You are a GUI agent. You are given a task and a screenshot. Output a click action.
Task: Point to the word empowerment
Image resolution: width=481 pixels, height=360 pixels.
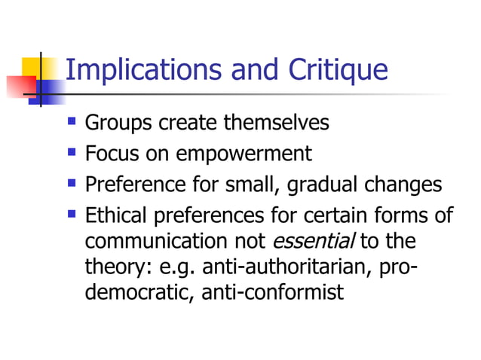pos(244,154)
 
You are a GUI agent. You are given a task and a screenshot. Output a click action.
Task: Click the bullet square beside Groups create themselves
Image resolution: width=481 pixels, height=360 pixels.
pos(72,121)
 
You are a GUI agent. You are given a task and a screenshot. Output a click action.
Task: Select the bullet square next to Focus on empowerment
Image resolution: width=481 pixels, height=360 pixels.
pos(72,152)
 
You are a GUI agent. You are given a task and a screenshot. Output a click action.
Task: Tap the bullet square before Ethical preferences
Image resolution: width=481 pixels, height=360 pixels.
pos(72,215)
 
